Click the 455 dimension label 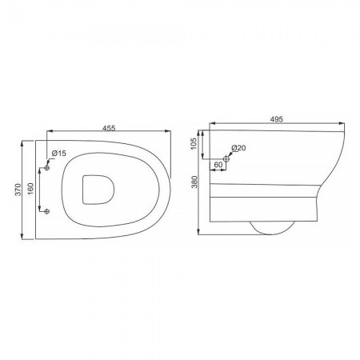109,128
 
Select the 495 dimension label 276,119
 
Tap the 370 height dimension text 18,190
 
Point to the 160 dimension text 30,189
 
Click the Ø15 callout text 59,154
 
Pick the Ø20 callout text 238,147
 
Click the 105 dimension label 194,143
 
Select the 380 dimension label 195,182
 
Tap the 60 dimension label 218,165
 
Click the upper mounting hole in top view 47,168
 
